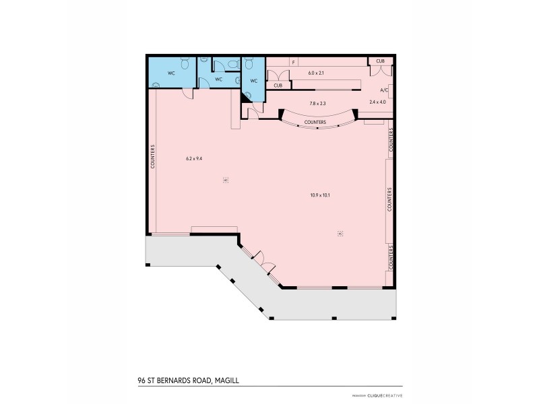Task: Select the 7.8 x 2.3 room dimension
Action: (317, 103)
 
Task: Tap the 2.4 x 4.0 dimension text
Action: (379, 102)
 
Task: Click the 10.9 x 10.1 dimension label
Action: (319, 195)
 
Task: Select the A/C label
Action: (384, 90)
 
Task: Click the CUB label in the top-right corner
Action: (381, 61)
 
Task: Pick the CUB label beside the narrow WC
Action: (278, 86)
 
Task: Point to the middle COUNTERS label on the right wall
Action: (389, 199)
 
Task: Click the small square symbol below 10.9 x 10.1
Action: (340, 234)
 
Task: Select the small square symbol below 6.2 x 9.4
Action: (226, 180)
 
